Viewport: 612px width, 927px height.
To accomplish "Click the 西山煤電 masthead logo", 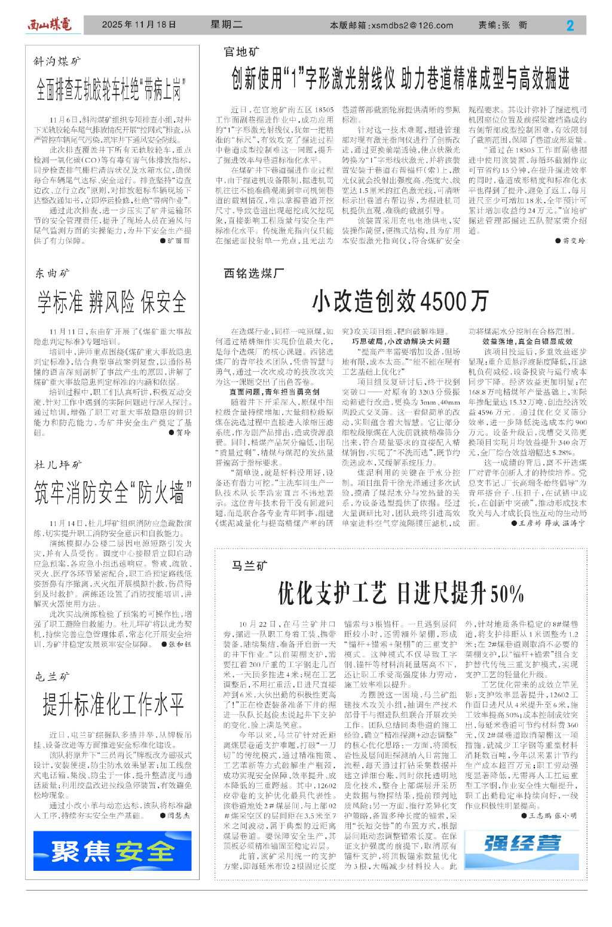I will [50, 25].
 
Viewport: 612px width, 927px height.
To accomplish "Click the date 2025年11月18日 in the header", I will [139, 25].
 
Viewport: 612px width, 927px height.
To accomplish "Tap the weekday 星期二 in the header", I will [227, 25].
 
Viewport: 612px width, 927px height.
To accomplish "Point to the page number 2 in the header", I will [570, 25].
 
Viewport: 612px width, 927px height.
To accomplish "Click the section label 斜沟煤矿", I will [57, 62].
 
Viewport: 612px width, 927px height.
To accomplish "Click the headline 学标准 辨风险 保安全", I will [112, 302].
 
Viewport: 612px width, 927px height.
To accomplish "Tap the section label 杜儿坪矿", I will [58, 464].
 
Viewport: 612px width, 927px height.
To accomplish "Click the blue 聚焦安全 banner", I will [112, 851].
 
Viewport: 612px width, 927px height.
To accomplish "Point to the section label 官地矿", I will [242, 53].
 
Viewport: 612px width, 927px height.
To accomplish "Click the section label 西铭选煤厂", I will [254, 273].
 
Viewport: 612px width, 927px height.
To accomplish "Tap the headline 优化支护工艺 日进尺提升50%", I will [400, 593].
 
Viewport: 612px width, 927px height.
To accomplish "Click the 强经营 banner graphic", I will [522, 843].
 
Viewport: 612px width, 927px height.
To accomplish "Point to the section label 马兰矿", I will [249, 565].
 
